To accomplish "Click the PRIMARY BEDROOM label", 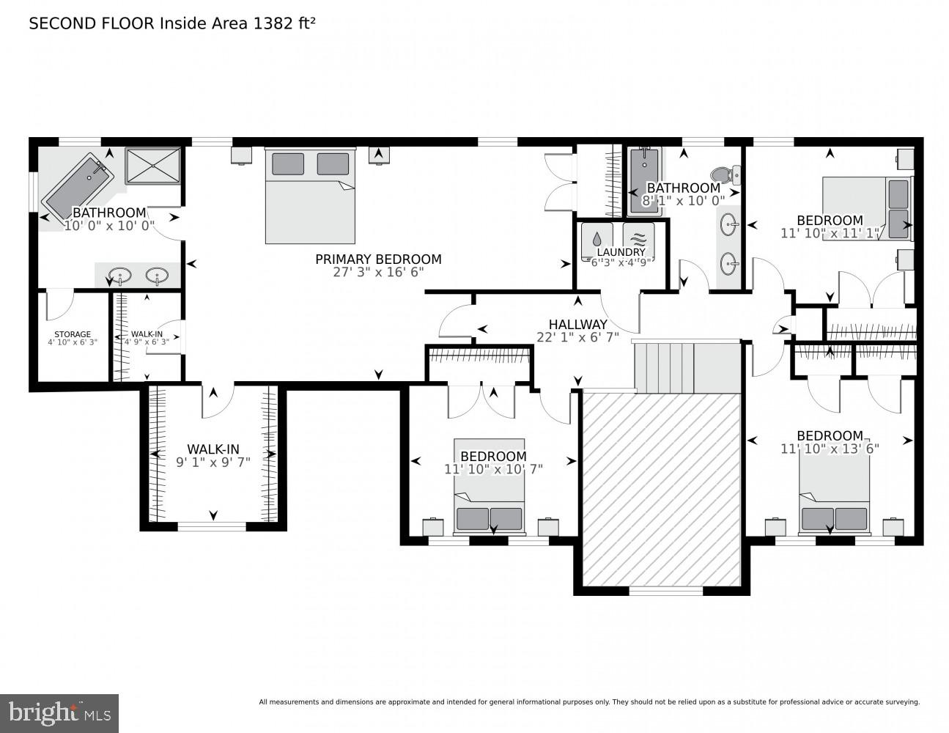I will pyautogui.click(x=378, y=259).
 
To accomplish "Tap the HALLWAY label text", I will pyautogui.click(x=577, y=325).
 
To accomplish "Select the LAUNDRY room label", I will pyautogui.click(x=621, y=252).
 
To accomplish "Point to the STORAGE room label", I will pyautogui.click(x=73, y=334).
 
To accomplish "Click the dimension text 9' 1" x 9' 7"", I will pyautogui.click(x=213, y=463).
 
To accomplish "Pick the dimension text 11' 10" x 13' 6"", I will pyautogui.click(x=830, y=449).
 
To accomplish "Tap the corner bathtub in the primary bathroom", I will pyautogui.click(x=75, y=186).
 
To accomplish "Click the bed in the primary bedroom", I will pyautogui.click(x=310, y=196).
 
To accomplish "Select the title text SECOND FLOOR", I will pyautogui.click(x=91, y=23).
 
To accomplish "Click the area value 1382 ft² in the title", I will pyautogui.click(x=284, y=23).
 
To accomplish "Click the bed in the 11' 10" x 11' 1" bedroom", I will pyautogui.click(x=867, y=208).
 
